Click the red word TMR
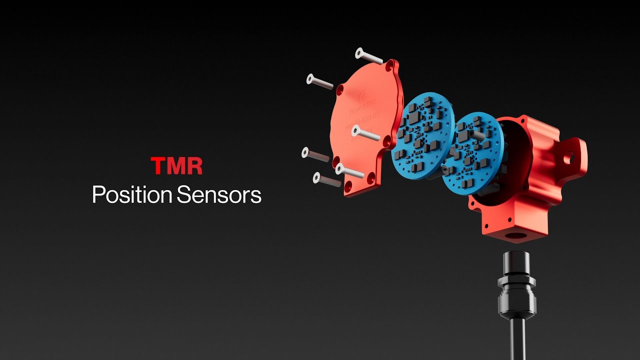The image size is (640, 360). [176, 166]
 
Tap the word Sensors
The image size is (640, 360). [219, 195]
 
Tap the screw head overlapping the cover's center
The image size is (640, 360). [356, 131]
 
